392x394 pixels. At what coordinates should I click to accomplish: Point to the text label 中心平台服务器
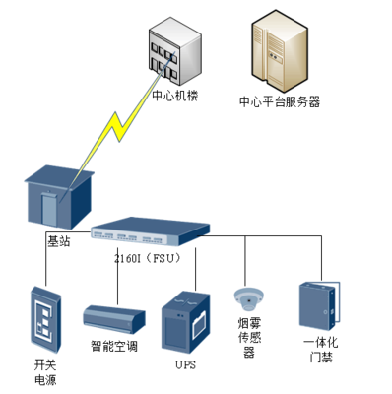(280, 101)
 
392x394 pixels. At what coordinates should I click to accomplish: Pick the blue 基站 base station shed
(59, 196)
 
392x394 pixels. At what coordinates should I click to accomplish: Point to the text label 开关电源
(45, 371)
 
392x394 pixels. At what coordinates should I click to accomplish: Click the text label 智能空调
(114, 347)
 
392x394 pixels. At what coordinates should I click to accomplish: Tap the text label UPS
(186, 363)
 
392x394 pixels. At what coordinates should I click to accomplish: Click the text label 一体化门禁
(322, 349)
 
